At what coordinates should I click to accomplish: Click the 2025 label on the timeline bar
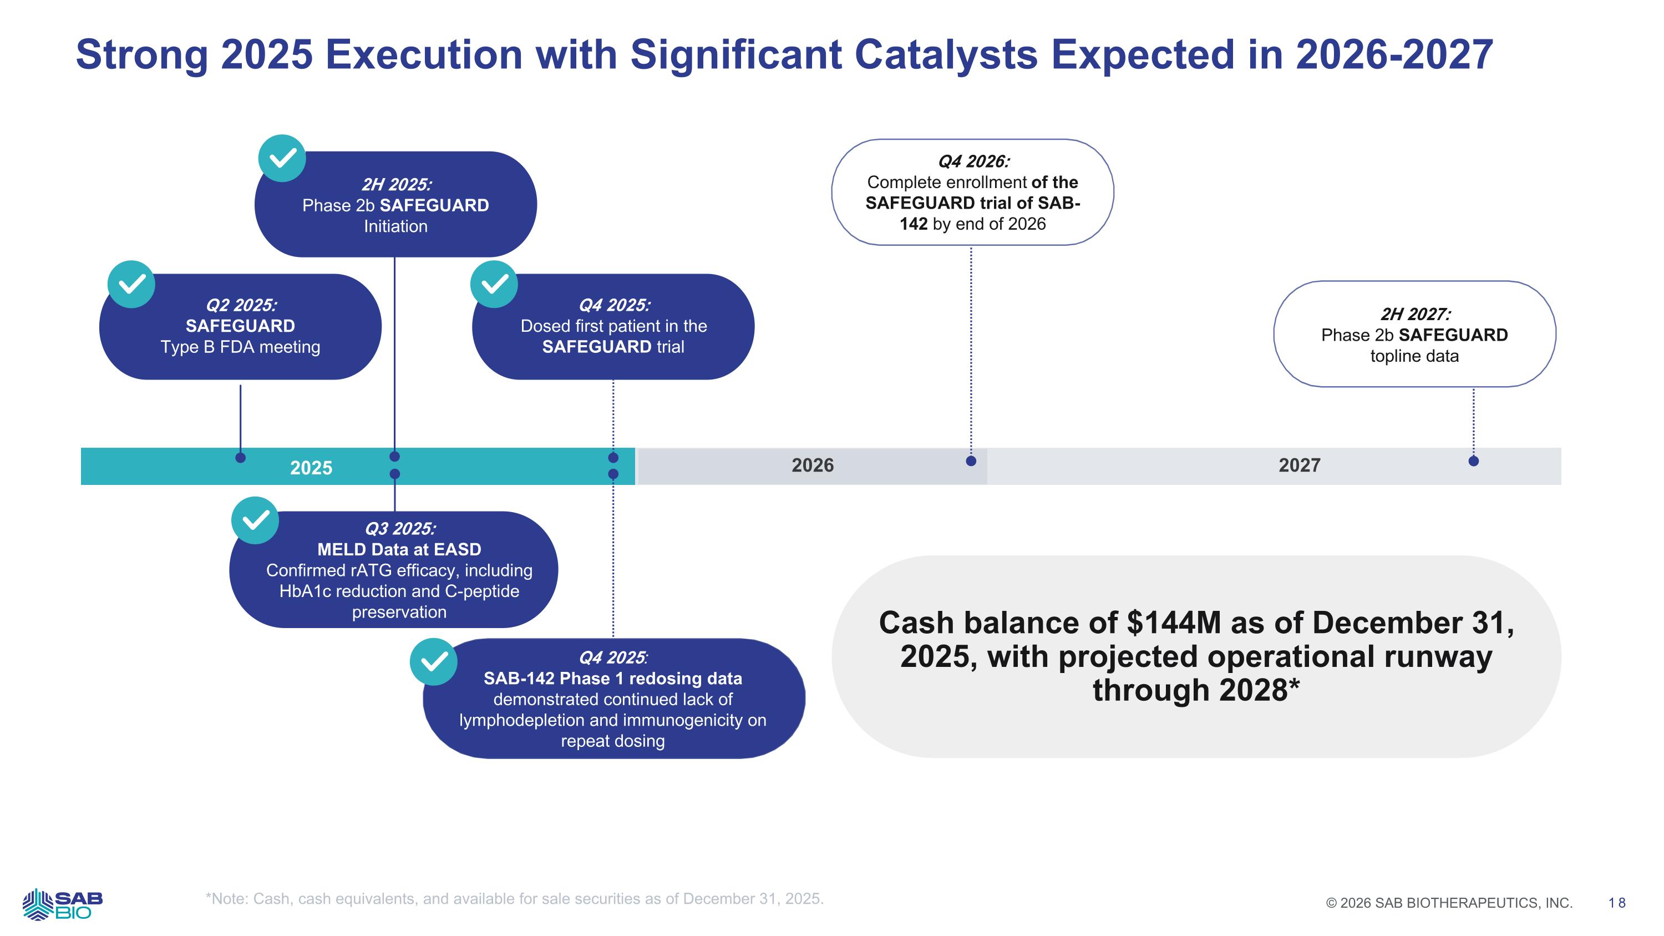tap(311, 467)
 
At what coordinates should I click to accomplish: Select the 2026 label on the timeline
tap(812, 465)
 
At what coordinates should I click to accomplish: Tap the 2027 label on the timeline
tap(1299, 465)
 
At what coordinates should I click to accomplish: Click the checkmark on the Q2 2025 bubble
tap(131, 284)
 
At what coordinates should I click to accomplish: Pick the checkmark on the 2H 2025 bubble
tap(282, 158)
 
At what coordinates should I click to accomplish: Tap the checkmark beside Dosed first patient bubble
tap(494, 284)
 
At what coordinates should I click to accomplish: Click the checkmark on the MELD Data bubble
tap(255, 520)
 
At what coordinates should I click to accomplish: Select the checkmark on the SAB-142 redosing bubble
tap(433, 661)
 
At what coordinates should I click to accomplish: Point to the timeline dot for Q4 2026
tap(970, 461)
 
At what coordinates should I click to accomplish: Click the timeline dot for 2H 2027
tap(1473, 461)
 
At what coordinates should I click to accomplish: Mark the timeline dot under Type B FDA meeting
tap(240, 458)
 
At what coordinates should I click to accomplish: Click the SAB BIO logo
tap(63, 904)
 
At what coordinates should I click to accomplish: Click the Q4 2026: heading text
tap(973, 161)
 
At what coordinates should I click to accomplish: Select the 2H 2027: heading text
tap(1414, 315)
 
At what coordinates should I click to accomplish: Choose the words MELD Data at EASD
tap(399, 550)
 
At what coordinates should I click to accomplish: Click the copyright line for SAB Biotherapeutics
tap(1449, 903)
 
